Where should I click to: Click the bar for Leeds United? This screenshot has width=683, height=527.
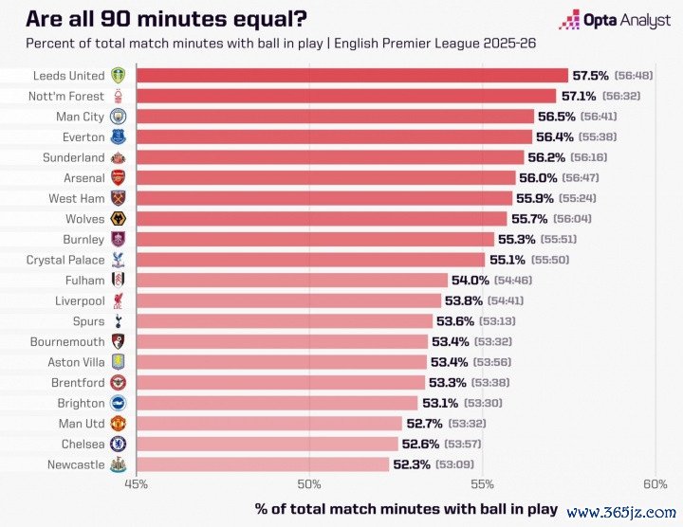[352, 75]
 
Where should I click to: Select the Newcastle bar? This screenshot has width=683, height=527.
[263, 464]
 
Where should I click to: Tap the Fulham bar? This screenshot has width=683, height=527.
[291, 280]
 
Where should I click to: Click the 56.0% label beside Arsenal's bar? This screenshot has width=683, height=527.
[537, 177]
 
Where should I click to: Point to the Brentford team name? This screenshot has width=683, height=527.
[76, 382]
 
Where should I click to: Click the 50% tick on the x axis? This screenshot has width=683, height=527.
[309, 484]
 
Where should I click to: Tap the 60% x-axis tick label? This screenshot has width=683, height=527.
[655, 484]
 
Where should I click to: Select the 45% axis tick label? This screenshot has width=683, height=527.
[137, 484]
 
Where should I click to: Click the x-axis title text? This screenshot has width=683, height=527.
[406, 508]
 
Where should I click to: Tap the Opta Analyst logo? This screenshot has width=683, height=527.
[614, 19]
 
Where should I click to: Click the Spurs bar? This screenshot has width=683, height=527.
[285, 320]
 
